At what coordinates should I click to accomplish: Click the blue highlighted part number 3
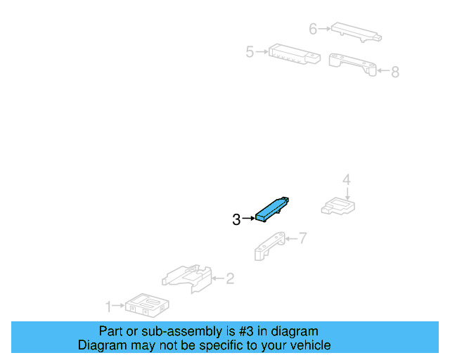(x=271, y=209)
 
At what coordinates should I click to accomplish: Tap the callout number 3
(x=236, y=219)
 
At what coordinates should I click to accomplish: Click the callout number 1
(x=108, y=307)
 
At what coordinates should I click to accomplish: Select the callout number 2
(x=230, y=278)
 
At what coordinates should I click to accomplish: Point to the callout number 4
(x=347, y=179)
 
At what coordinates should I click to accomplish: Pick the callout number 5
(x=250, y=52)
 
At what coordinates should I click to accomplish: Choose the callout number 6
(x=313, y=29)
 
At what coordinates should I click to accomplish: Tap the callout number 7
(x=303, y=238)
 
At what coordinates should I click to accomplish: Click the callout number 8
(x=395, y=72)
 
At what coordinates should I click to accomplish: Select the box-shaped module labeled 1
(x=147, y=305)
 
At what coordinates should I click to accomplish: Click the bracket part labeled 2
(x=187, y=278)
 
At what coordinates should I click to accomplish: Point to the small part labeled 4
(x=338, y=206)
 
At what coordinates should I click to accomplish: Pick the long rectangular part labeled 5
(x=295, y=54)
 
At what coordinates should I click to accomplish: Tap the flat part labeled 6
(x=356, y=32)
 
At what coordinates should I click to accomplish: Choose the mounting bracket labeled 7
(x=269, y=246)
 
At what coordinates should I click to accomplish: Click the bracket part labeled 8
(x=352, y=65)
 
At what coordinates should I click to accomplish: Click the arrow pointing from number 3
(x=248, y=219)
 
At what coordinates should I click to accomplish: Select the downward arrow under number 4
(x=347, y=194)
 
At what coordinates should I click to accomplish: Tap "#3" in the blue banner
(x=246, y=331)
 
